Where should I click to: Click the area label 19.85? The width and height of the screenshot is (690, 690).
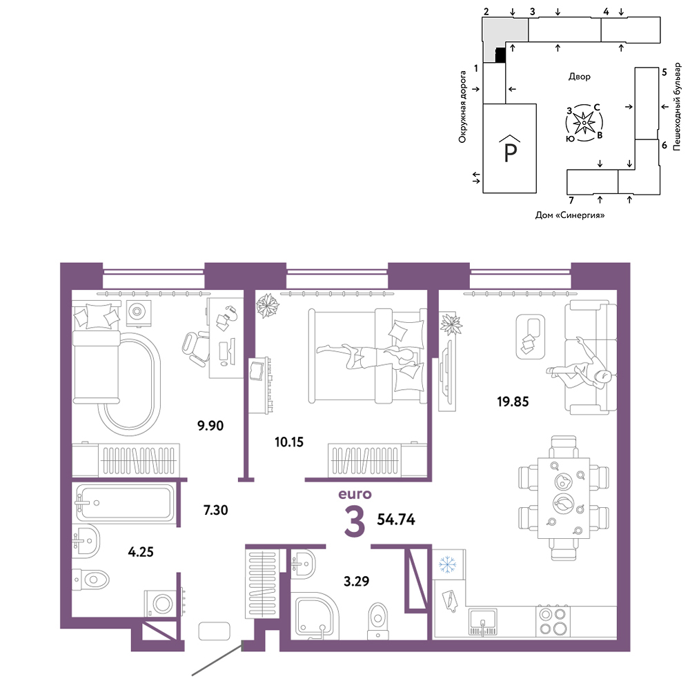pyautogui.click(x=513, y=402)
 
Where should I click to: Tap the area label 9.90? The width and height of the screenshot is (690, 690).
pyautogui.click(x=210, y=426)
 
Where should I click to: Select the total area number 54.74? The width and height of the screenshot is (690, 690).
pyautogui.click(x=396, y=520)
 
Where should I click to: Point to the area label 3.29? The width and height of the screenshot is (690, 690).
pyautogui.click(x=357, y=581)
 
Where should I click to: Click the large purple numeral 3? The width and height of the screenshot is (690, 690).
pyautogui.click(x=355, y=522)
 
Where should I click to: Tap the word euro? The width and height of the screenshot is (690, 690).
pyautogui.click(x=355, y=494)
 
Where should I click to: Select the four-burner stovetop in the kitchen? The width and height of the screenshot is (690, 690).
pyautogui.click(x=553, y=622)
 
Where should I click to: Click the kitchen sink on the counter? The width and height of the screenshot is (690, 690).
pyautogui.click(x=483, y=622)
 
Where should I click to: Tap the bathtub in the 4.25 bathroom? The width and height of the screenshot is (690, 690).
pyautogui.click(x=125, y=502)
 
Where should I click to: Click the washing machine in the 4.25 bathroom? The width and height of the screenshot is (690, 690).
pyautogui.click(x=162, y=603)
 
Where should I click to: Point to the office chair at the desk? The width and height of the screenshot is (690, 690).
pyautogui.click(x=195, y=347)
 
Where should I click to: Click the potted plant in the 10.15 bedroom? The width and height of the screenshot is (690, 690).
pyautogui.click(x=268, y=306)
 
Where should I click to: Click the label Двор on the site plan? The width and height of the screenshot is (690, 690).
pyautogui.click(x=579, y=77)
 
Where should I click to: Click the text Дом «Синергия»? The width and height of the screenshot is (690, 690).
pyautogui.click(x=570, y=215)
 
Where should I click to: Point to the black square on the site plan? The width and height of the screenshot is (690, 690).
pyautogui.click(x=500, y=55)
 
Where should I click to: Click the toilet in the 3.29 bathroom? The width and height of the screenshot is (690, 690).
pyautogui.click(x=378, y=620)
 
